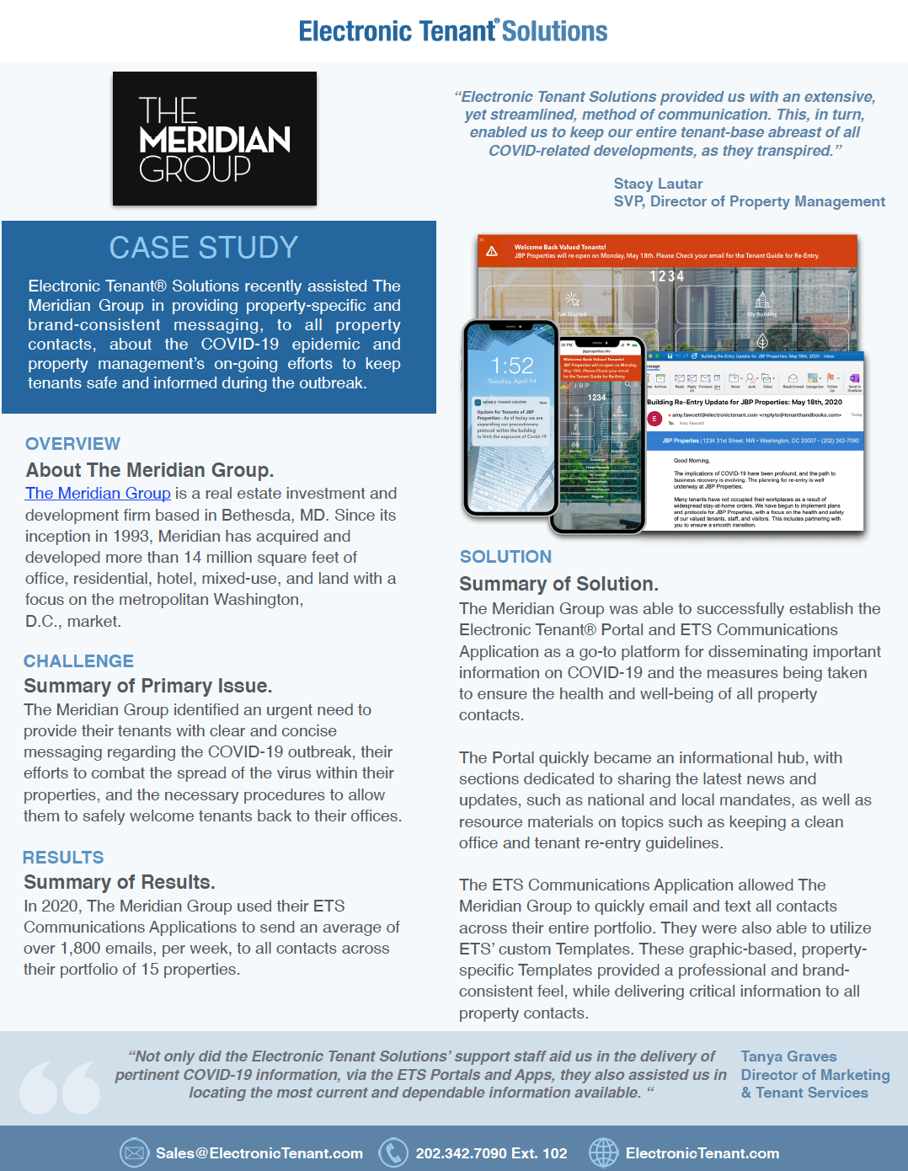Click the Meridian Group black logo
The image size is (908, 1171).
[x=215, y=139]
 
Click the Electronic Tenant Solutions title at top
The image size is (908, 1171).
[x=453, y=32]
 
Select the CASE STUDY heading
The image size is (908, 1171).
[x=204, y=248]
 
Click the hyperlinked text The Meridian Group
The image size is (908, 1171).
[x=98, y=494]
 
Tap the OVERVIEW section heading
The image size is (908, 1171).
[x=72, y=444]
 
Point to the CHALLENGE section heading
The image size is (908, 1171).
[x=78, y=661]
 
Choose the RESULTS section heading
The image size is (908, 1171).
[x=63, y=858]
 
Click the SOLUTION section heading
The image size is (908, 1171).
[x=505, y=557]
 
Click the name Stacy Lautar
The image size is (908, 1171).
[x=658, y=184]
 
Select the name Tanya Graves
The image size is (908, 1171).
[x=788, y=1056]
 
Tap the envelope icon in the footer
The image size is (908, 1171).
[x=134, y=1152]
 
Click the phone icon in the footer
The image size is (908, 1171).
[x=393, y=1152]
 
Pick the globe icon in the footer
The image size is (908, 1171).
[x=603, y=1152]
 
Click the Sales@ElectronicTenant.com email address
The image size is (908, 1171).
[x=259, y=1153]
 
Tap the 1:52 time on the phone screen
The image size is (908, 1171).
[x=512, y=366]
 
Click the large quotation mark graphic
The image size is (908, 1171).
[x=60, y=1088]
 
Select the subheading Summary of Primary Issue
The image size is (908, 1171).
[x=147, y=686]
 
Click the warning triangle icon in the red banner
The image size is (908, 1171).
[x=492, y=251]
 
